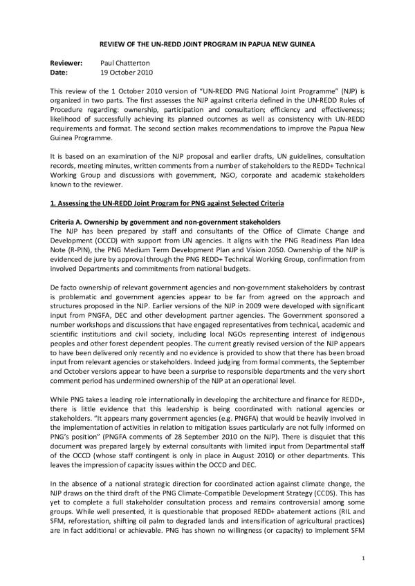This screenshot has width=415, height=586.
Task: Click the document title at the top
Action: [207, 44]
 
